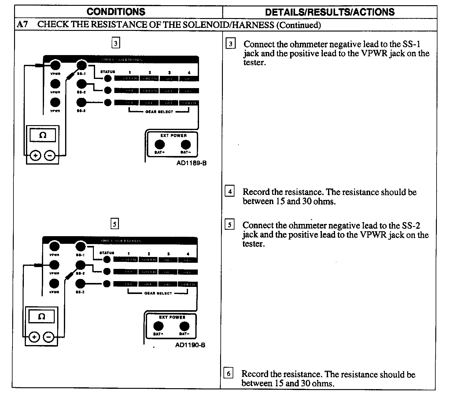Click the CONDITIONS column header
116,12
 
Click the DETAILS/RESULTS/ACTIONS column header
330,12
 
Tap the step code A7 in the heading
22,24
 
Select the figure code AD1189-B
191,163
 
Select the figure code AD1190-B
190,345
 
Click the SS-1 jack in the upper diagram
81,65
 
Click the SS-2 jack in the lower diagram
80,265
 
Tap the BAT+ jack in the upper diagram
160,144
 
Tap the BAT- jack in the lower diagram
184,326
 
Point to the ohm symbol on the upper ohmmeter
43,135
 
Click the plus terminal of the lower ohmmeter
34,337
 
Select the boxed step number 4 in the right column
230,191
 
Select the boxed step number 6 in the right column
228,373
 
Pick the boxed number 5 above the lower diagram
114,224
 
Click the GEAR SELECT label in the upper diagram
159,112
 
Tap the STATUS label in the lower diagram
107,253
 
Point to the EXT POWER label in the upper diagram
173,136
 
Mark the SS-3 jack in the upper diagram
81,102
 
